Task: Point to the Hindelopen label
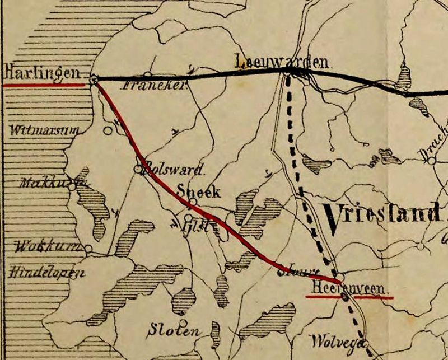click(x=46, y=273)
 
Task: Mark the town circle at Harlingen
click(x=94, y=80)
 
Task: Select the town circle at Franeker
click(x=147, y=74)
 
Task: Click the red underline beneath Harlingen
click(x=44, y=86)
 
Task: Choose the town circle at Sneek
click(x=193, y=201)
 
